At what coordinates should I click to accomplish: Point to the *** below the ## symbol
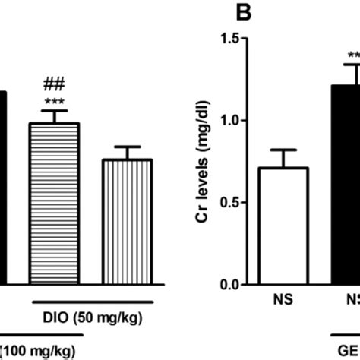52,102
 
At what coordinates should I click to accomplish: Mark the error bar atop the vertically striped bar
128,153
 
